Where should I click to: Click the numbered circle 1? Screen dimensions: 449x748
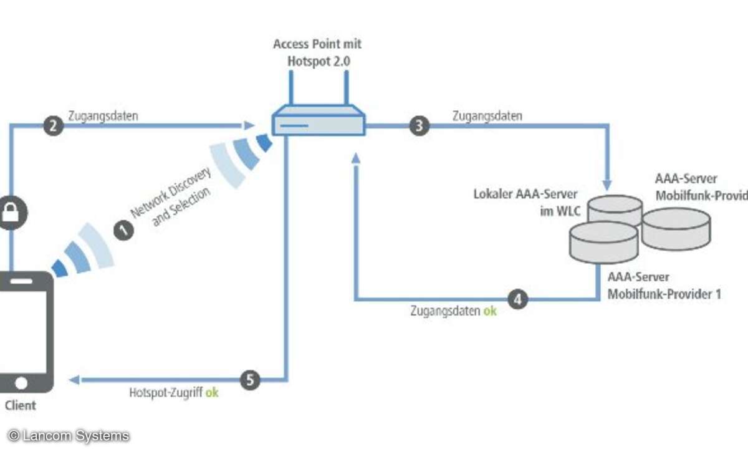(125, 230)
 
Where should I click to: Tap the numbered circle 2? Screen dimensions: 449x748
(54, 125)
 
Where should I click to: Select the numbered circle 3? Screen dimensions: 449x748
(419, 125)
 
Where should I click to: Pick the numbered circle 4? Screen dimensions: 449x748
(517, 299)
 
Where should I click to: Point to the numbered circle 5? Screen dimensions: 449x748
(250, 379)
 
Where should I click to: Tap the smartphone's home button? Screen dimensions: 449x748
(22, 382)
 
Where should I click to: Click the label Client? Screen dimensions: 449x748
(21, 405)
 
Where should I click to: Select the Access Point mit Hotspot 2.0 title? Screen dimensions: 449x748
(317, 52)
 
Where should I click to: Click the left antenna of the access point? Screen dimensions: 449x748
(290, 87)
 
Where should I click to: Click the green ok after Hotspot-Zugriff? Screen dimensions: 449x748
(212, 393)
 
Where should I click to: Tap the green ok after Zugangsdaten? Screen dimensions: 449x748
(491, 311)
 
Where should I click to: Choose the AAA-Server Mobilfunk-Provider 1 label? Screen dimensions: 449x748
(664, 286)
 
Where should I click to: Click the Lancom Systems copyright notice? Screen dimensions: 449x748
(69, 435)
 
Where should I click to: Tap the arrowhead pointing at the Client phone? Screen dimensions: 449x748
(75, 379)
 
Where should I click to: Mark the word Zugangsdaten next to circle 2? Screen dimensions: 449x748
(103, 115)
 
